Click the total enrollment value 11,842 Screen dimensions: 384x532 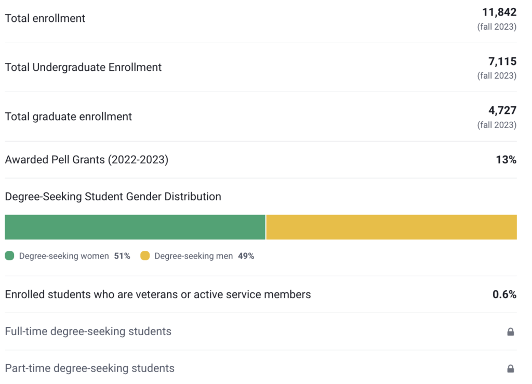pos(499,12)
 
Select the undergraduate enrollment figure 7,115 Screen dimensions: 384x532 pos(502,61)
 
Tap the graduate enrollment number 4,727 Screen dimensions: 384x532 pos(502,111)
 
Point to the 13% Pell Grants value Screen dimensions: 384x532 pos(506,160)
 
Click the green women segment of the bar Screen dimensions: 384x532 pos(135,227)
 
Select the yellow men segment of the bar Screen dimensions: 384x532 pos(391,227)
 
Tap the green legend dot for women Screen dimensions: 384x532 pos(9,255)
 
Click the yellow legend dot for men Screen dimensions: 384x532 pos(145,255)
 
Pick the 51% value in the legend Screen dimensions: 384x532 pos(122,256)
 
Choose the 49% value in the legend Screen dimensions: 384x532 pos(246,256)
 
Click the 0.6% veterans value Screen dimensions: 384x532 pos(504,295)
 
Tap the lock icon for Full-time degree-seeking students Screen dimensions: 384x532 pos(511,331)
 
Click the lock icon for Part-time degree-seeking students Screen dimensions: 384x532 pos(511,368)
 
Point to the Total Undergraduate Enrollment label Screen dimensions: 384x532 pos(83,67)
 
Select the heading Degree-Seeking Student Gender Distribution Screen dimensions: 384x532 pos(113,197)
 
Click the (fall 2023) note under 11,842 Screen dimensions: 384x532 pos(497,27)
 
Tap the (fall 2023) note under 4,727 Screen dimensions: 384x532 pos(497,125)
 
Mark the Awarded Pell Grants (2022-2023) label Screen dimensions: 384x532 pos(86,160)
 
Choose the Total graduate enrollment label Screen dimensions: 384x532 pos(69,117)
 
